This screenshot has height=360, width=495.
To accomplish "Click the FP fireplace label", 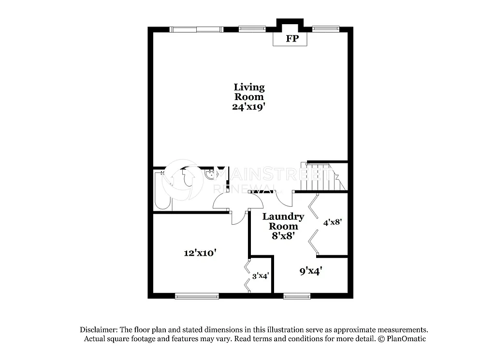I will tap(292, 39).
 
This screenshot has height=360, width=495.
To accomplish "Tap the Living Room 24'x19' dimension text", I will tap(249, 107).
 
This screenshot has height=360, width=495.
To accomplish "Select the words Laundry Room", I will tap(283, 221).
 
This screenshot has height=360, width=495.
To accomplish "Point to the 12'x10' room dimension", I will tap(200, 252).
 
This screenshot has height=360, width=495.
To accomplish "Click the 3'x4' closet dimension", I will tap(261, 276).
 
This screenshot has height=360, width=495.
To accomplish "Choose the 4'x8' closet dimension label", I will tap(333, 222).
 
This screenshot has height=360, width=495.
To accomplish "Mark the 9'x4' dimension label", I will tap(311, 271).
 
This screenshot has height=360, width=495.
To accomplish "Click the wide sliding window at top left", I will tap(196, 29).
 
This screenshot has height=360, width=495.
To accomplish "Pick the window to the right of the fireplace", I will tap(326, 29).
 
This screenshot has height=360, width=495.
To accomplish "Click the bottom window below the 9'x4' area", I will tap(296, 296).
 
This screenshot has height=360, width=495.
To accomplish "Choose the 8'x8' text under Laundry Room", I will tap(283, 236).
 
